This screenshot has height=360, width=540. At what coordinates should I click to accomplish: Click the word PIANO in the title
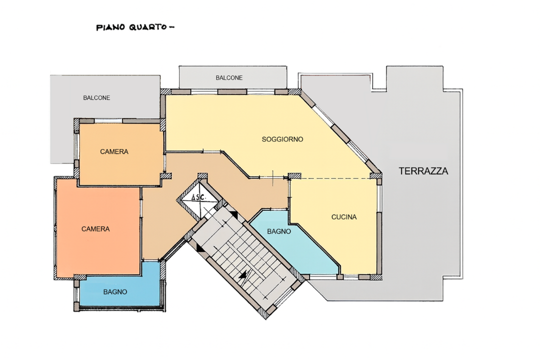click(107, 27)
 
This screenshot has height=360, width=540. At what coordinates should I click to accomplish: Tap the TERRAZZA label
click(423, 171)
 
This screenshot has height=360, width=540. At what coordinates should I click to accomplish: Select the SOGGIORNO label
click(282, 139)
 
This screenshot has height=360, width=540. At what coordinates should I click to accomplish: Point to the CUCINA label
click(344, 217)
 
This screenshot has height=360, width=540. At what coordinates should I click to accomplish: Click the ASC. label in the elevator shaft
click(198, 197)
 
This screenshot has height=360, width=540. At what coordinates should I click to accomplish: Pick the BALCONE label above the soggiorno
click(229, 78)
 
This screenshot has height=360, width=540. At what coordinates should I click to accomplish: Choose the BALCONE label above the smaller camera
click(96, 98)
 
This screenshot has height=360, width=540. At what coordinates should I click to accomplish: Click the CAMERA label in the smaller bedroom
click(114, 151)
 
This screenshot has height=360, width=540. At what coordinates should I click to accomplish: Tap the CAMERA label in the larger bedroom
click(95, 229)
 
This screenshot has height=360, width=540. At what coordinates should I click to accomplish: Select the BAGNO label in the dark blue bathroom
click(115, 292)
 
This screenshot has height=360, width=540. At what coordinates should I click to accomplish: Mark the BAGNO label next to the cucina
click(279, 231)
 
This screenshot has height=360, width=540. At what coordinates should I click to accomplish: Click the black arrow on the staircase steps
click(244, 274)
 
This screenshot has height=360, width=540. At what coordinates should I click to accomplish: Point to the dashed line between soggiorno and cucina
click(335, 178)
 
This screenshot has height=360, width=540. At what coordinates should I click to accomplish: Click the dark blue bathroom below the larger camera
click(120, 300)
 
